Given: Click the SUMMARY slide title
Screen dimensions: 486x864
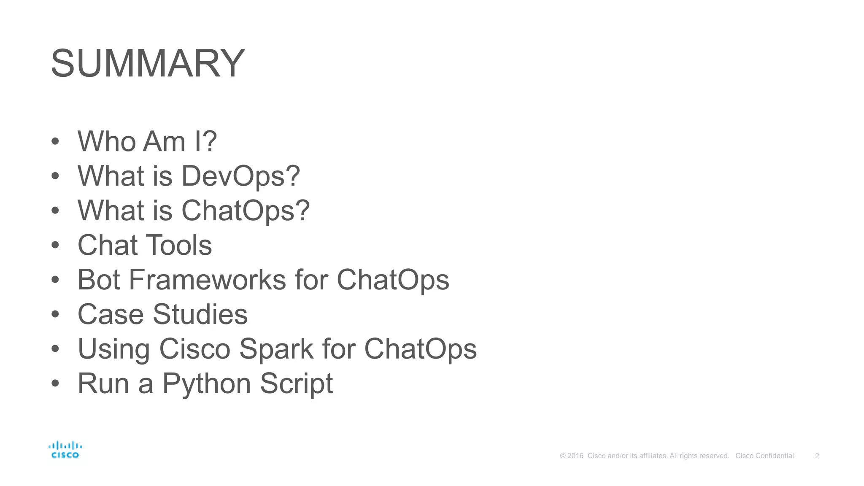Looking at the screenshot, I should click(x=148, y=63).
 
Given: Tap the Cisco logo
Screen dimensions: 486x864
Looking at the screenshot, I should click(x=65, y=450).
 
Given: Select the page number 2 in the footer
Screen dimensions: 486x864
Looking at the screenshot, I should click(x=817, y=456).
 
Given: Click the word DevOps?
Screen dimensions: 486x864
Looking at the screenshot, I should click(x=241, y=176).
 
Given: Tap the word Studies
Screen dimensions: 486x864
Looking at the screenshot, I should click(x=200, y=314).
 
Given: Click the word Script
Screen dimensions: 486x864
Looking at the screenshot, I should click(x=296, y=384).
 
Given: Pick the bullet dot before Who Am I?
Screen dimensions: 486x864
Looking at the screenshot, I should click(x=55, y=141).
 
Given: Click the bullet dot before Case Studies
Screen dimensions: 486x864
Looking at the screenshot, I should click(x=55, y=314).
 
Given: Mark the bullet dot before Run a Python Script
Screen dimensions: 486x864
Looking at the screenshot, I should click(x=55, y=383).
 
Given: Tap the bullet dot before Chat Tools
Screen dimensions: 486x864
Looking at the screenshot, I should click(x=55, y=245).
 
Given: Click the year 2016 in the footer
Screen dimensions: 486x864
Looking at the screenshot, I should click(x=575, y=456).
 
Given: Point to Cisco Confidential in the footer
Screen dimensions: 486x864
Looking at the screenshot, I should click(x=764, y=456).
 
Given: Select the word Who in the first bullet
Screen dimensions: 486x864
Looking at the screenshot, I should click(x=108, y=141).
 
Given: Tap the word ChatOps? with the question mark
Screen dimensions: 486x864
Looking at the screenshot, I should click(x=246, y=211).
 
